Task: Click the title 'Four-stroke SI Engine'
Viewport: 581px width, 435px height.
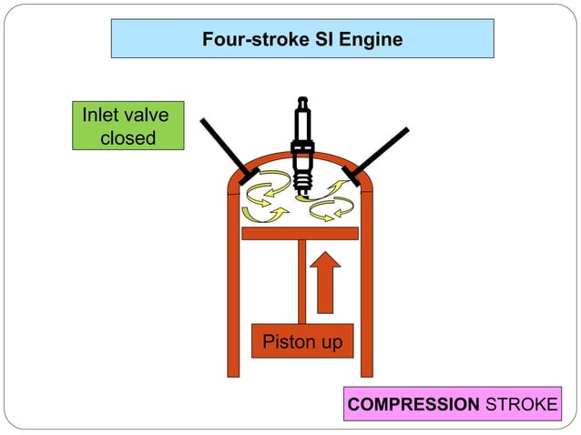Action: tap(302, 39)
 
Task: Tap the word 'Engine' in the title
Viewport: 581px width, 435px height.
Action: tap(372, 39)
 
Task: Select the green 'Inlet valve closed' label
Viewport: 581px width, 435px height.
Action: tap(127, 126)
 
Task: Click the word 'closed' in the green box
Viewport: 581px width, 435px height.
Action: tap(127, 138)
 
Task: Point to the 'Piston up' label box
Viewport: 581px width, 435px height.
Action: tap(301, 342)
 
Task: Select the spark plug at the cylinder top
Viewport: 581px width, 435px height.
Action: tap(301, 146)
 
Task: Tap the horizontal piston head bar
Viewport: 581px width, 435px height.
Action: tap(300, 233)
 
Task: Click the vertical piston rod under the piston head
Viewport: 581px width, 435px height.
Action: tap(301, 282)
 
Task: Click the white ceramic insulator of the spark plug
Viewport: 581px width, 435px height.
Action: tap(301, 118)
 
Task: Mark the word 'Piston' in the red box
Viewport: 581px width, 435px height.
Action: tap(283, 342)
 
